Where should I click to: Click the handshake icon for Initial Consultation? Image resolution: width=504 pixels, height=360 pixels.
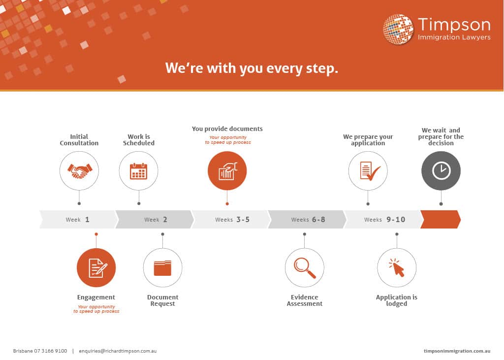point(79,171)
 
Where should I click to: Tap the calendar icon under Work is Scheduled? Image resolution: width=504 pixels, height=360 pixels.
point(138,171)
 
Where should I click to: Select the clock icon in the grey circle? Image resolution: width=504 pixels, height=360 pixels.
point(441,170)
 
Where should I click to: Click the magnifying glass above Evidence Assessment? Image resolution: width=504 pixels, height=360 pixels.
point(305,268)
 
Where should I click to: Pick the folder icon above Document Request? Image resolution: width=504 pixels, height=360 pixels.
point(162,268)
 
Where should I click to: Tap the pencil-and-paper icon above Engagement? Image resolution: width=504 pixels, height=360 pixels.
point(97,268)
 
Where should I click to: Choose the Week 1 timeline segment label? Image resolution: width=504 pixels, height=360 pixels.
point(77,220)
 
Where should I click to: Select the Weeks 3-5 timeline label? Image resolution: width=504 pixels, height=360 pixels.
point(232,220)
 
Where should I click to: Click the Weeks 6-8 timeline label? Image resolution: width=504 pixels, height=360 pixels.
point(308,220)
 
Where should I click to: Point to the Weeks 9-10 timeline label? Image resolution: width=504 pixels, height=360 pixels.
point(385,220)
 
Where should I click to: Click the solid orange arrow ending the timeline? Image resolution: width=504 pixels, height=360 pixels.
point(441,220)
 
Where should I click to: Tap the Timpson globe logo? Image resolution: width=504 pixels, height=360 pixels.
point(398,29)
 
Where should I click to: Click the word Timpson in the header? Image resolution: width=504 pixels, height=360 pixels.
point(454,25)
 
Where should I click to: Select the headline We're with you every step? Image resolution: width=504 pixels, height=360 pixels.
point(252,68)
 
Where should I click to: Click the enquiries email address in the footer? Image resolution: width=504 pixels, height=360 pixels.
point(118,351)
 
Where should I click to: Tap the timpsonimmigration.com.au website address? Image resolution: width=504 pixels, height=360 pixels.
point(457,351)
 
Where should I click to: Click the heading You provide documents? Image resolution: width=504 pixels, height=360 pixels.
point(227,129)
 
